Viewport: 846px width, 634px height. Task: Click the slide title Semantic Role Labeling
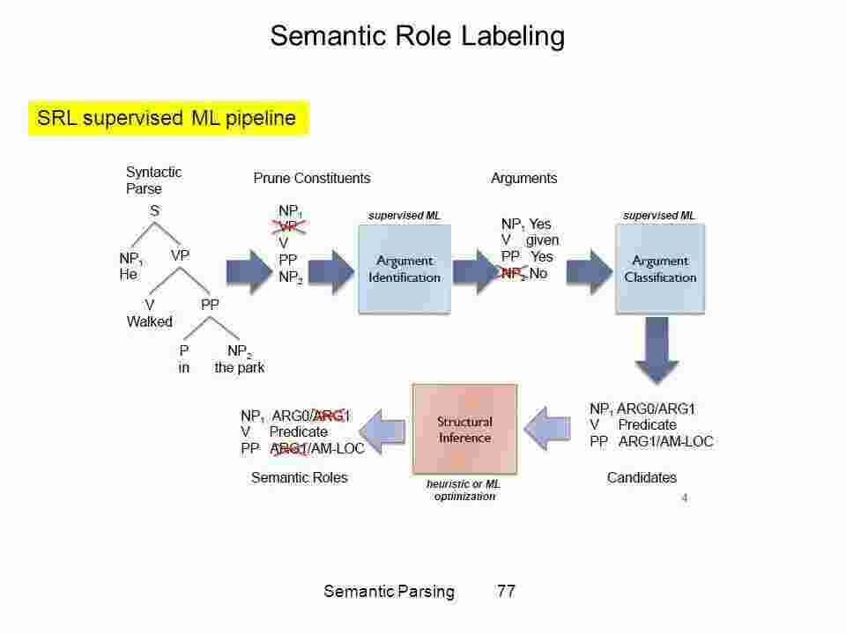(416, 36)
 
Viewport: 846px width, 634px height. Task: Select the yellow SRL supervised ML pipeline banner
(168, 119)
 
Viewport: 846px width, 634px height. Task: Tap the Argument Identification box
(404, 269)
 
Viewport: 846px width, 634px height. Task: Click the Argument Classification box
(660, 269)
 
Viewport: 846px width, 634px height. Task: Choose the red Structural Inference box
(464, 430)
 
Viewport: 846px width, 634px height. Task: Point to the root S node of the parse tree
(154, 211)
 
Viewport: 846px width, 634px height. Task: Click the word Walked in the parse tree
(149, 321)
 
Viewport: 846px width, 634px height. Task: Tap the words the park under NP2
(239, 368)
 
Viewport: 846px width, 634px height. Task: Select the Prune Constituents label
(312, 178)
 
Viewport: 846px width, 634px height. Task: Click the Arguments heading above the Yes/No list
(523, 178)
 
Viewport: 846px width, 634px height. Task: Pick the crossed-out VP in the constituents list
(288, 226)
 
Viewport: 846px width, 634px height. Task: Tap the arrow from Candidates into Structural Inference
(550, 428)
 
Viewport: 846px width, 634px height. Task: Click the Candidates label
(642, 478)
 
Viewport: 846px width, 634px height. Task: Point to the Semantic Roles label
(300, 478)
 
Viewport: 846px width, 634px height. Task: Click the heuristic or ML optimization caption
(464, 490)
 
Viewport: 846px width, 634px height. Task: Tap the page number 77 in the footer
(506, 592)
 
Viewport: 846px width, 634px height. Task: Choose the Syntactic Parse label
(153, 180)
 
